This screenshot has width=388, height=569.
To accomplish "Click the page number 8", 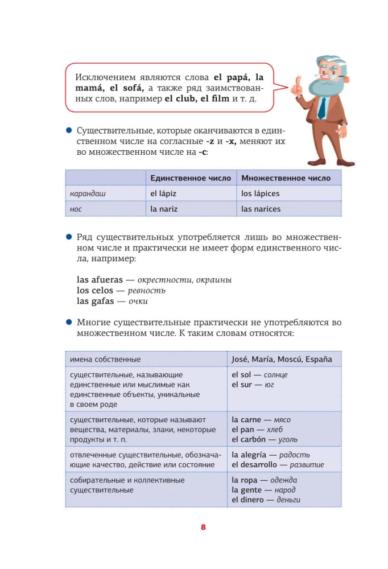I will [203, 527].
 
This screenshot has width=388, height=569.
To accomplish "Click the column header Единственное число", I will [191, 178].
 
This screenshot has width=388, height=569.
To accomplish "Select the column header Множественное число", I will [286, 178].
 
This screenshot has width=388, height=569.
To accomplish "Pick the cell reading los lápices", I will [261, 193].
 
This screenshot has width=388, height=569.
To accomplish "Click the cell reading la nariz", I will [164, 209].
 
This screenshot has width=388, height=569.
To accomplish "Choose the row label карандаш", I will [88, 193].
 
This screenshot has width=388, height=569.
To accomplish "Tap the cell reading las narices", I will [261, 209].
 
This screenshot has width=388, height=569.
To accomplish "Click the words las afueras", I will [99, 280].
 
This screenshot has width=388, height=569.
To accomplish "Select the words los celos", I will [95, 291].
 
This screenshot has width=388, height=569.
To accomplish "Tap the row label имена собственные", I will [105, 360].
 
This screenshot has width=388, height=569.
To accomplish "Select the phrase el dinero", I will [248, 500].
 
